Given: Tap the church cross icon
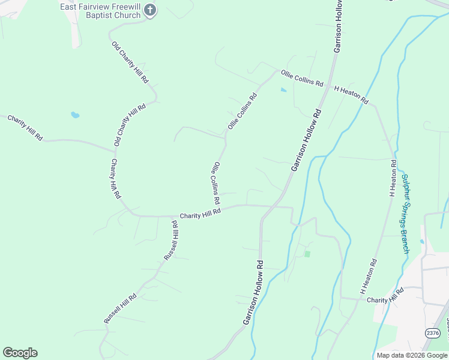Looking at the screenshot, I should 151,10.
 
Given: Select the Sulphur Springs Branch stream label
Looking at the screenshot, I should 405,214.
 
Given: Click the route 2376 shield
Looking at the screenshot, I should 432,333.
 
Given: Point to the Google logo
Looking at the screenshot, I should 20,353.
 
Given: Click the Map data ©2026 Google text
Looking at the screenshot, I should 412,355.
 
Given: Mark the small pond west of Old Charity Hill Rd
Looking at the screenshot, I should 75,115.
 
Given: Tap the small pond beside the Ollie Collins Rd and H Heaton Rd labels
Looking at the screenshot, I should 283,91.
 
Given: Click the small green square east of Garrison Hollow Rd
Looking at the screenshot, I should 307,254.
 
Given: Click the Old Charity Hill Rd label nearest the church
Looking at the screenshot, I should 130,62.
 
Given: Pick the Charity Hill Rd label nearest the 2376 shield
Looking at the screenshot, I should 385,295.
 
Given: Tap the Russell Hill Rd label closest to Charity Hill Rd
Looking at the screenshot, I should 171,241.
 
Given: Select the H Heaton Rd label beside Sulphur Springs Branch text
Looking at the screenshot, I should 393,178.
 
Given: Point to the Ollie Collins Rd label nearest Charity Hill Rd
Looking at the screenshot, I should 215,182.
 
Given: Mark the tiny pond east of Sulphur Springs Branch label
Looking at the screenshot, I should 422,242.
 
